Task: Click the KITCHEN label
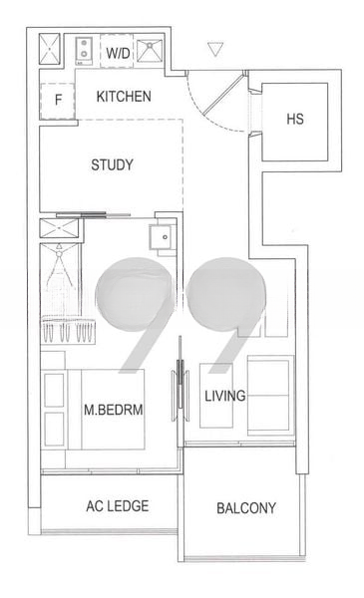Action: tap(125, 97)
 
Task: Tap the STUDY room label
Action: tap(112, 164)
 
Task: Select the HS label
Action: tap(294, 120)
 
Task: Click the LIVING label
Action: tap(224, 397)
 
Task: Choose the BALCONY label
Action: tap(246, 508)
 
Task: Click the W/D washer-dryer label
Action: tap(119, 52)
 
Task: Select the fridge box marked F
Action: tap(59, 100)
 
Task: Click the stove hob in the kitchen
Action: tap(86, 49)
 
